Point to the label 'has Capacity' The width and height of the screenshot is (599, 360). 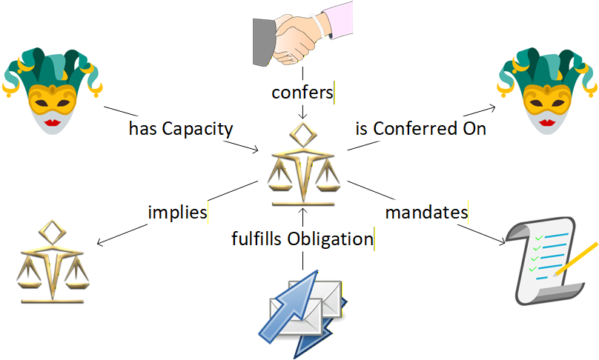[x=181, y=129]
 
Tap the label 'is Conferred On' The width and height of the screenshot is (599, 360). [x=420, y=128]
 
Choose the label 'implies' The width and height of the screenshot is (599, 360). [x=177, y=213]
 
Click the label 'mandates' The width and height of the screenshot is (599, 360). [x=426, y=213]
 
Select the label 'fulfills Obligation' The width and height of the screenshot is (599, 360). [x=301, y=239]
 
